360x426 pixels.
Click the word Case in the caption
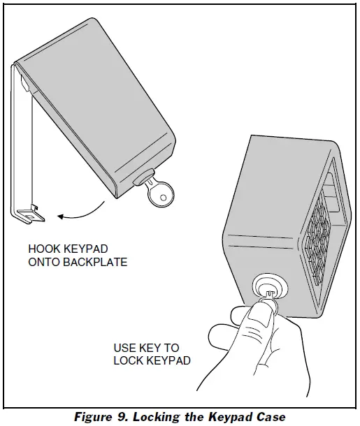click(271, 417)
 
